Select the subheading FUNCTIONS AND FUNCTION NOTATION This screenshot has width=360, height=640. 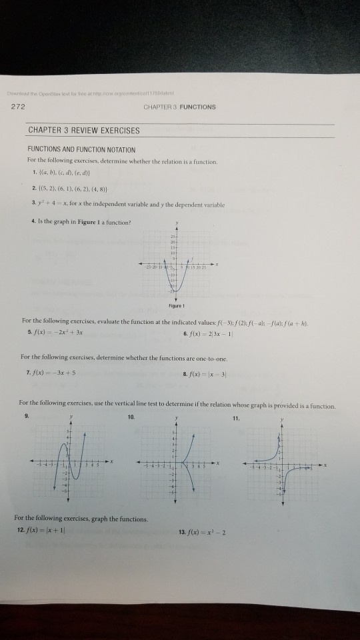coord(81,149)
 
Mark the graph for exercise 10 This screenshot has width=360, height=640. coord(179,462)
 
